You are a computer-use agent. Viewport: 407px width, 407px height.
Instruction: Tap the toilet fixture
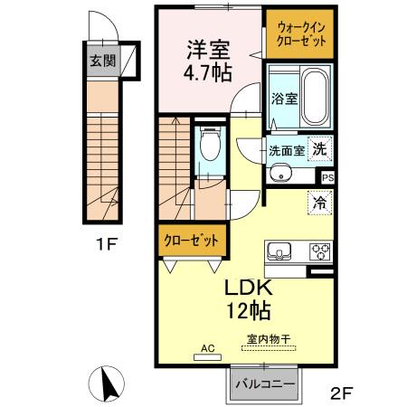point(209,145)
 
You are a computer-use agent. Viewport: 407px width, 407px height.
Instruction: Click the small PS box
point(327,179)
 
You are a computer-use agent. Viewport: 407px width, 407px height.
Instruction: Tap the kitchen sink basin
point(278,251)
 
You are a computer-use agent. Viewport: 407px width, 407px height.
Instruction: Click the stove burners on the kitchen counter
point(319,251)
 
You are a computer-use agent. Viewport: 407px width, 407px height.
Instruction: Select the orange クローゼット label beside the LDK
point(191,241)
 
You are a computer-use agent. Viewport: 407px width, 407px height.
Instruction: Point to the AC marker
point(206,347)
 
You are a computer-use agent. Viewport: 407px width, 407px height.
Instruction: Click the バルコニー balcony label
point(265,384)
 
